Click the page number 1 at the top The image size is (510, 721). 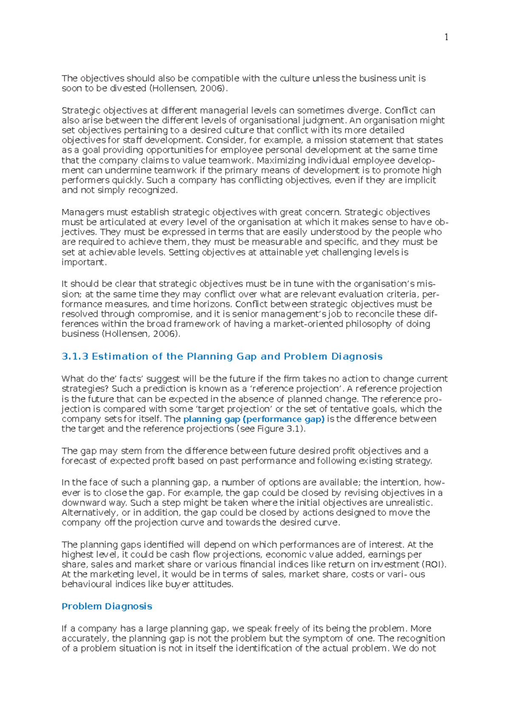[x=446, y=37]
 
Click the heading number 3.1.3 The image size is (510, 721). [x=75, y=357]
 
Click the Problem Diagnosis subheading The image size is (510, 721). [x=107, y=606]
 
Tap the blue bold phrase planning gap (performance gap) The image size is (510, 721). [x=254, y=419]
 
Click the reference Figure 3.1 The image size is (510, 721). [x=284, y=429]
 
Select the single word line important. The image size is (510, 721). [x=83, y=262]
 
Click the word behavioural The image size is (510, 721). [x=87, y=584]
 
